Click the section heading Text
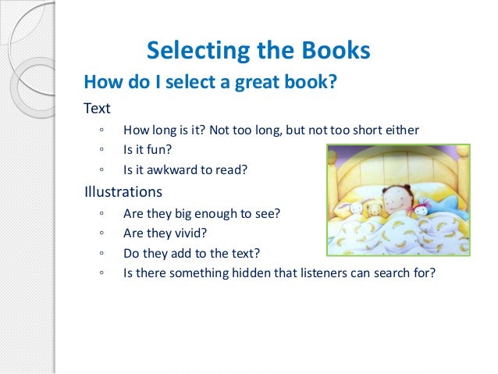tap(98, 109)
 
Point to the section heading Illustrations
tap(123, 191)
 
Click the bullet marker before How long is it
tap(102, 130)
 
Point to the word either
tap(400, 130)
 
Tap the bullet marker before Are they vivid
tap(102, 233)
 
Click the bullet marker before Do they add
tap(102, 253)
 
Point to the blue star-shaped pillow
tap(451, 205)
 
